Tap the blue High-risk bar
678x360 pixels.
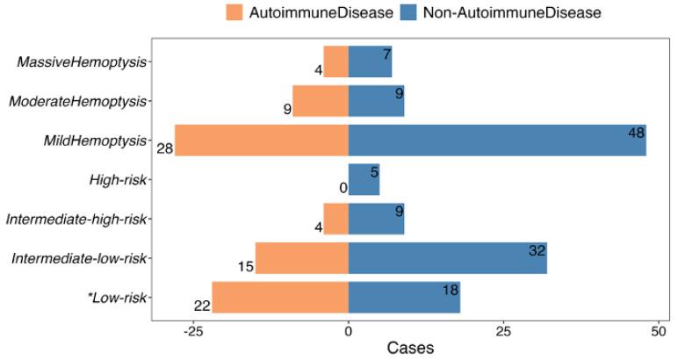point(364,180)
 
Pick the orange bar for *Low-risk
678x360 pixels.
point(280,298)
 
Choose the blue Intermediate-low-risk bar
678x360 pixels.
point(447,258)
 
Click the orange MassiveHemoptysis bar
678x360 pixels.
point(335,61)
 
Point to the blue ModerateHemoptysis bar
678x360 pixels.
point(376,101)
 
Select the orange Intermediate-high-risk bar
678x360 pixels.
point(335,219)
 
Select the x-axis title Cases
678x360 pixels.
point(410,349)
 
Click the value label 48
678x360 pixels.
point(637,133)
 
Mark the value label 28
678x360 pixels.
point(164,148)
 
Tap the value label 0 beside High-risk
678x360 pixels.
point(343,187)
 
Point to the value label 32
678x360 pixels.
point(537,251)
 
